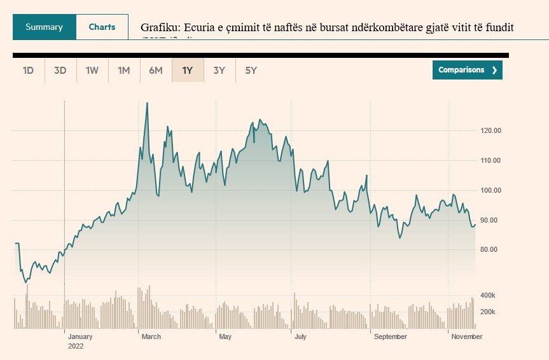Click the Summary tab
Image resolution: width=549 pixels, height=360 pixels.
click(x=44, y=27)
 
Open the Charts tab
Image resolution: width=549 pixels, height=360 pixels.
click(x=102, y=27)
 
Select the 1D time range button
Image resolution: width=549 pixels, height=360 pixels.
click(x=28, y=70)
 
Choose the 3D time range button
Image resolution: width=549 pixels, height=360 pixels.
click(x=60, y=70)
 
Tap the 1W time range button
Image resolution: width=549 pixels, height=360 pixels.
click(x=92, y=70)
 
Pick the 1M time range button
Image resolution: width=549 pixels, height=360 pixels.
click(x=124, y=70)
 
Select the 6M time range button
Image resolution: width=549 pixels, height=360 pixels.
click(x=156, y=70)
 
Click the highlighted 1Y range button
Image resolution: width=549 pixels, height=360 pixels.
click(x=188, y=70)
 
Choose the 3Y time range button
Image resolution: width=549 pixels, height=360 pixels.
click(x=219, y=70)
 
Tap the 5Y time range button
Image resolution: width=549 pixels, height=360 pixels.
click(x=251, y=70)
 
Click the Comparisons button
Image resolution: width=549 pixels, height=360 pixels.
click(x=467, y=70)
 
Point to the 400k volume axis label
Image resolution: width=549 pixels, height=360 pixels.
click(x=488, y=295)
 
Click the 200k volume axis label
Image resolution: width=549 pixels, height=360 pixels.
click(x=488, y=312)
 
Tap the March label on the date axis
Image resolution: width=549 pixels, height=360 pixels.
click(x=151, y=336)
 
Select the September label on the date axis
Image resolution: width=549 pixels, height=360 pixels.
click(x=390, y=336)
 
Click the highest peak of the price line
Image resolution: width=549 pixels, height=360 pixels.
click(x=147, y=103)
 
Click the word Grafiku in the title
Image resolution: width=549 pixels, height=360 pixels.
click(x=159, y=29)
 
